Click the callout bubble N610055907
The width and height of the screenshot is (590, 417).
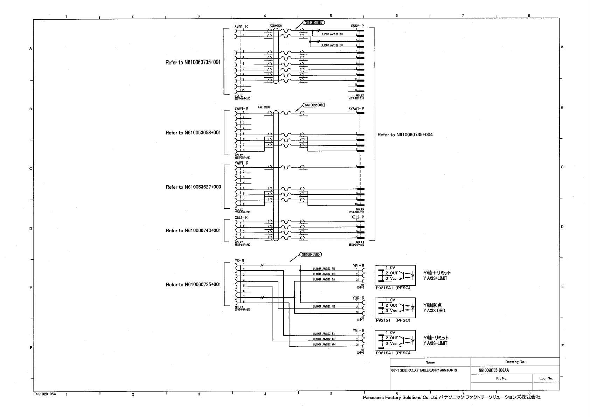(x=313, y=22)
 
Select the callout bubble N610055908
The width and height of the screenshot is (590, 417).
(x=313, y=105)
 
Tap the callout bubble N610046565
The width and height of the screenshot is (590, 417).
(x=311, y=255)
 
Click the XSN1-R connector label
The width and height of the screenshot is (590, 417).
(x=241, y=26)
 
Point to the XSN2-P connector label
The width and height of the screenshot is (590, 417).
(x=357, y=26)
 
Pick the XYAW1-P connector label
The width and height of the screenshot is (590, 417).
(x=356, y=109)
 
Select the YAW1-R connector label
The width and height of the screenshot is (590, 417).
(x=242, y=163)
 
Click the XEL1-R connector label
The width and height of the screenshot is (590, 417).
(x=241, y=217)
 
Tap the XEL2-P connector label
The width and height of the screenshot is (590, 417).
(x=358, y=217)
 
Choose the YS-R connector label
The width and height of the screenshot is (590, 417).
(x=240, y=261)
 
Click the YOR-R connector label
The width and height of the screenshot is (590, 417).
(x=358, y=298)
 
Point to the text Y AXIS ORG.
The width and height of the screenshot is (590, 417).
(x=435, y=311)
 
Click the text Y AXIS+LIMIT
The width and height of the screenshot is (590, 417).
(x=435, y=278)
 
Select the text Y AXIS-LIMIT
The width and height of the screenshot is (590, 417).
(x=435, y=343)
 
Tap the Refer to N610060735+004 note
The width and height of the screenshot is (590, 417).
(x=405, y=135)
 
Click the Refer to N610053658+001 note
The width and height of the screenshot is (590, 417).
(x=193, y=133)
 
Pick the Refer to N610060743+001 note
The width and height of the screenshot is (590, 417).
(x=193, y=230)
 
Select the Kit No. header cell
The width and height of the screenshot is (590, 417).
(x=502, y=378)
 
